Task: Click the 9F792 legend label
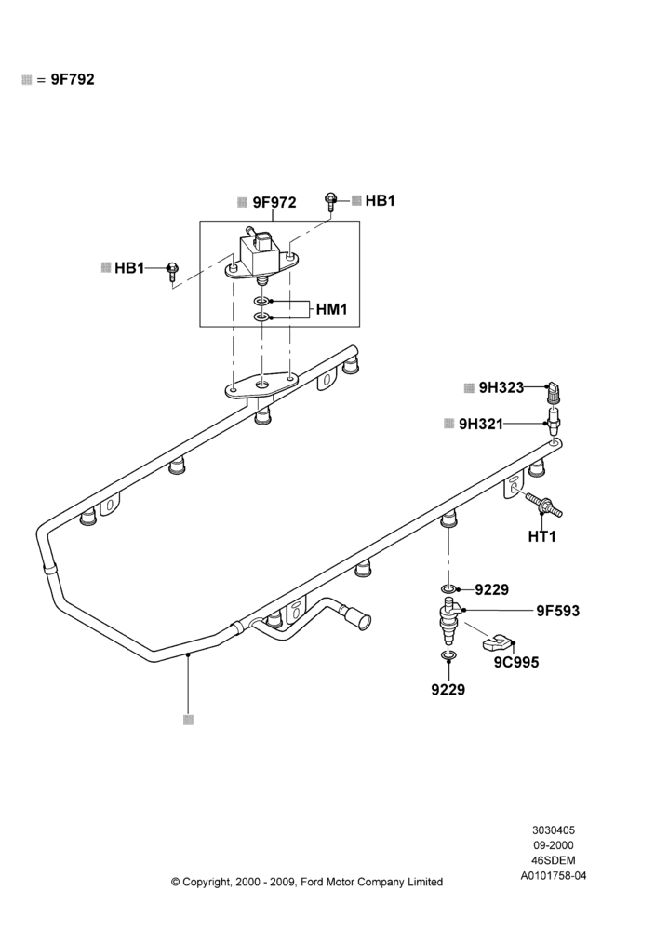coord(73,79)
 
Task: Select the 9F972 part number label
coord(274,202)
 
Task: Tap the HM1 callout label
coord(331,309)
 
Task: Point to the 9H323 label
coord(501,387)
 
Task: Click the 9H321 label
coord(481,424)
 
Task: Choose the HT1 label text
coord(542,537)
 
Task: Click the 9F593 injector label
coord(557,611)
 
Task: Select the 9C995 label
coord(516,662)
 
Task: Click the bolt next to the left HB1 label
coord(172,271)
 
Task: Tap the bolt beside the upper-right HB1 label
coord(330,201)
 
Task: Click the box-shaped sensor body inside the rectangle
coord(255,251)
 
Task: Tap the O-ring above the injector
coord(449,588)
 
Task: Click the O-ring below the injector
coord(449,656)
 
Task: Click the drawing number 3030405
coord(554,830)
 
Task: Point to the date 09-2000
coord(554,845)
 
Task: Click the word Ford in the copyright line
coord(312,882)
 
